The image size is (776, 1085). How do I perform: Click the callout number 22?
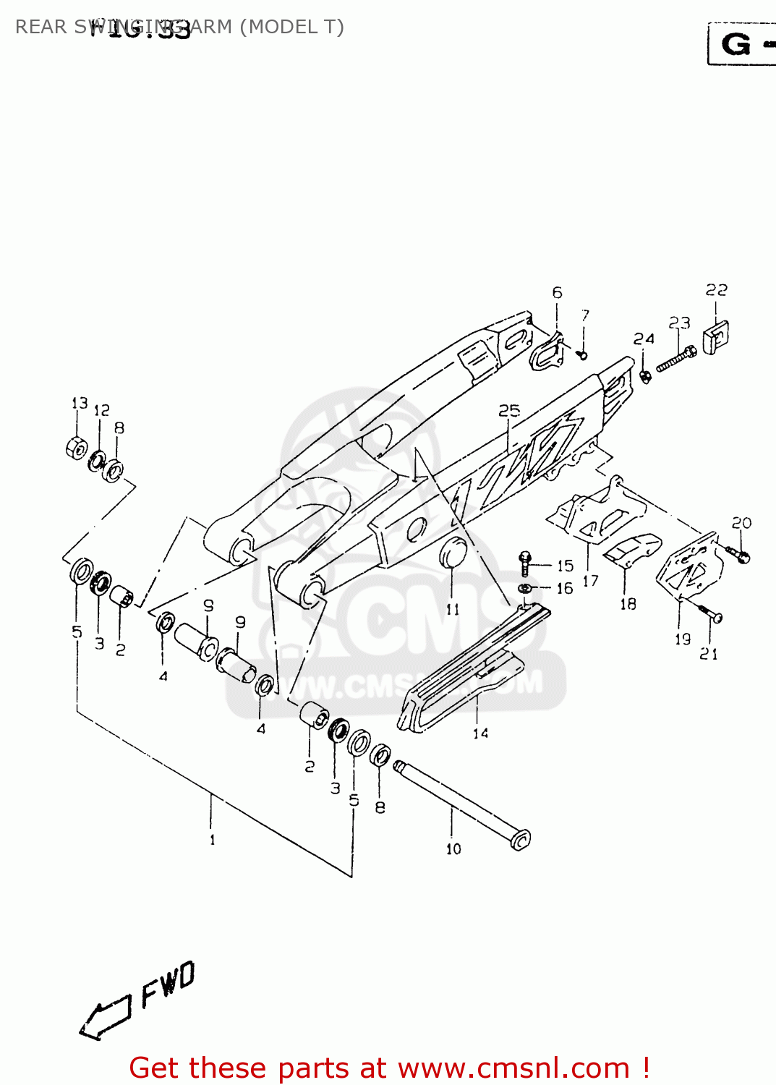716,290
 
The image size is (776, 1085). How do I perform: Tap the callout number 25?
509,411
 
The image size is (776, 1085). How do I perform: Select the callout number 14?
480,733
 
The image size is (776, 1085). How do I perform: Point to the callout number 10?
453,848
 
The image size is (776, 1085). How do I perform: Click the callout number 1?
212,840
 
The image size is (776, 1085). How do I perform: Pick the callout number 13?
80,403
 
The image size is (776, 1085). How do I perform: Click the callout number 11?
453,609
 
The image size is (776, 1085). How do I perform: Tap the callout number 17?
590,581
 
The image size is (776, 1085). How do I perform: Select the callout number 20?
741,522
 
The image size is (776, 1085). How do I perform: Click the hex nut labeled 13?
76,448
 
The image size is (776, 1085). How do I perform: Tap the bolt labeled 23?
676,359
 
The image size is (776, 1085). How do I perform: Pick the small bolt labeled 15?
526,563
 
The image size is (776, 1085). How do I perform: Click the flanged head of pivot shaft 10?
520,839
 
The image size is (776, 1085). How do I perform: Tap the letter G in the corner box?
736,45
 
